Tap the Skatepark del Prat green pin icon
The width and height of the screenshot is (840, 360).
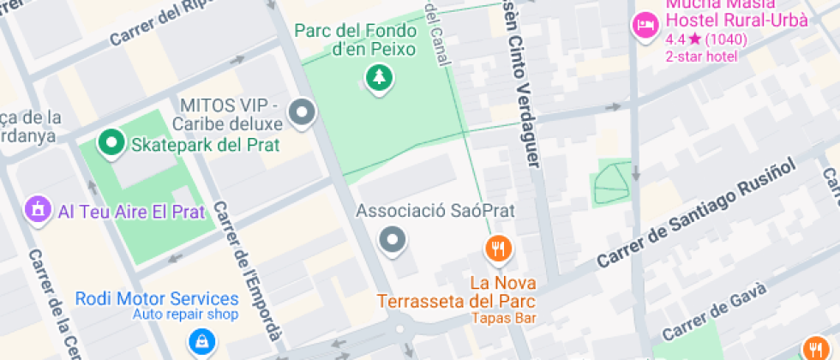[x=111, y=144]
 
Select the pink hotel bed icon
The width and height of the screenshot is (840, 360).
[x=645, y=25]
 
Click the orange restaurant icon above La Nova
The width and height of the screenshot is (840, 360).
[x=498, y=249]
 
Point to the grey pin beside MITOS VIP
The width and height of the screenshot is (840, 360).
[x=301, y=112]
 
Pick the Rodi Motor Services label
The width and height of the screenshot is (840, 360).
[x=157, y=299]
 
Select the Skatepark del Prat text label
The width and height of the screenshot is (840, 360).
[x=205, y=144]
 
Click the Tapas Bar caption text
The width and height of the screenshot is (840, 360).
[x=503, y=318]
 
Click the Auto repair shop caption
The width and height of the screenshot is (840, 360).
[x=184, y=315]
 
